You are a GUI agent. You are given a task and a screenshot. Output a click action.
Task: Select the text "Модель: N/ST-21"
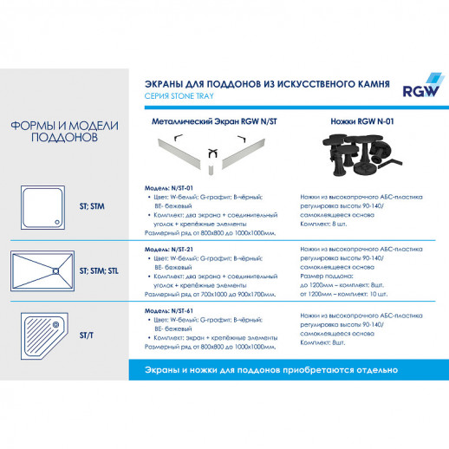click(x=167, y=249)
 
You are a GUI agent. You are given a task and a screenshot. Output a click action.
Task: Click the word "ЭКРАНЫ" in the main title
click(x=166, y=85)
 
